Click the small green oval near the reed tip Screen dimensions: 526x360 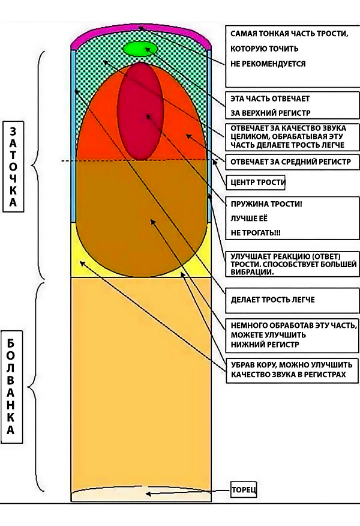pyautogui.click(x=140, y=49)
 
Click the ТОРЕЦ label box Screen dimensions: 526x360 pyautogui.click(x=244, y=491)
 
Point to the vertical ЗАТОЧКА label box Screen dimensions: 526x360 pyautogui.click(x=13, y=167)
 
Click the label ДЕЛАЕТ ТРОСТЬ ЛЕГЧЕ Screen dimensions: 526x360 pyautogui.click(x=273, y=299)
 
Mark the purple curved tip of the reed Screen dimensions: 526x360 pyautogui.click(x=140, y=33)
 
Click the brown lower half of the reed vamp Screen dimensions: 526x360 pyautogui.click(x=140, y=216)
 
